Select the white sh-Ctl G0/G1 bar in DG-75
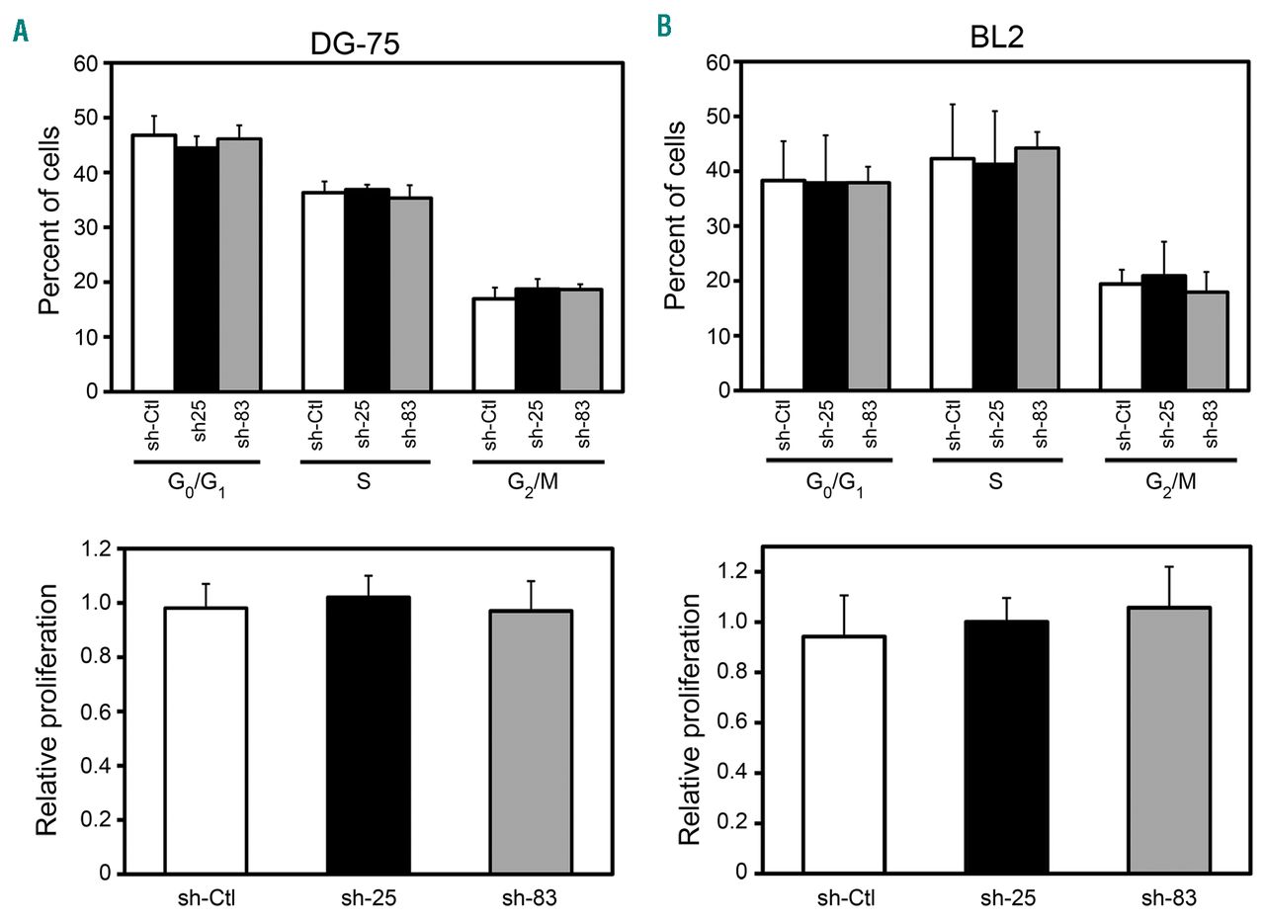coord(154,263)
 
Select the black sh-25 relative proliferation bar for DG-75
coord(368,735)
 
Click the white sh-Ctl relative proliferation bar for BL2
coord(843,755)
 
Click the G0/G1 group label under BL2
coord(828,485)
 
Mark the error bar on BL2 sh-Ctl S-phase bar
coord(953,130)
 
